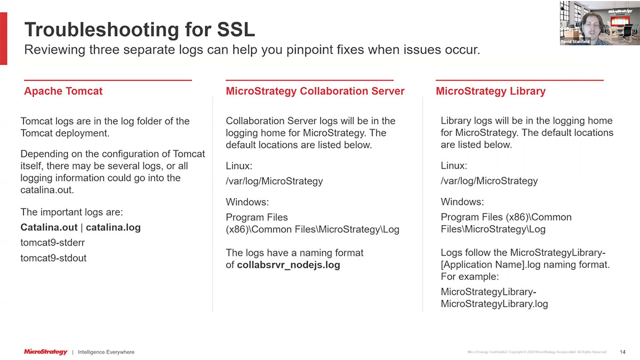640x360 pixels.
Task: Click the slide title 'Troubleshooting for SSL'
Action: [x=140, y=29]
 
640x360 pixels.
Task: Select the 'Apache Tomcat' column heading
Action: [x=63, y=91]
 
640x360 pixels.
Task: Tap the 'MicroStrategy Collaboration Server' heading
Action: [x=315, y=91]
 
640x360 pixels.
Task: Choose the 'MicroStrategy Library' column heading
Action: [x=490, y=91]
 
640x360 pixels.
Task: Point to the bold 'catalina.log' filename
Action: [x=113, y=228]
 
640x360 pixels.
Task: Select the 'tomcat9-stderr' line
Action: [x=52, y=243]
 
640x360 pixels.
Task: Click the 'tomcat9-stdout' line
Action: [x=53, y=258]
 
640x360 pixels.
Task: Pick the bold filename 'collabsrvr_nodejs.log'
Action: [x=289, y=265]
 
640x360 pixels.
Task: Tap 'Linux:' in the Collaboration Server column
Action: [x=239, y=166]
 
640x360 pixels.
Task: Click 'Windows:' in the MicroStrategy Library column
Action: [x=462, y=202]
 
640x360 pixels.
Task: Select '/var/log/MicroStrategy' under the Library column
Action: [x=489, y=181]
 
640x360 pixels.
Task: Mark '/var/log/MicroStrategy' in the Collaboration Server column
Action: [x=274, y=181]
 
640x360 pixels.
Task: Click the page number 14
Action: [x=622, y=352]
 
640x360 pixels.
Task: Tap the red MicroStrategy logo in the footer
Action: [x=46, y=352]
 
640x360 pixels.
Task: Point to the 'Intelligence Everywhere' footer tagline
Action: [x=106, y=353]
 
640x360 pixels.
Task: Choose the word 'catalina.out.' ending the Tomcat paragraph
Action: [x=46, y=190]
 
